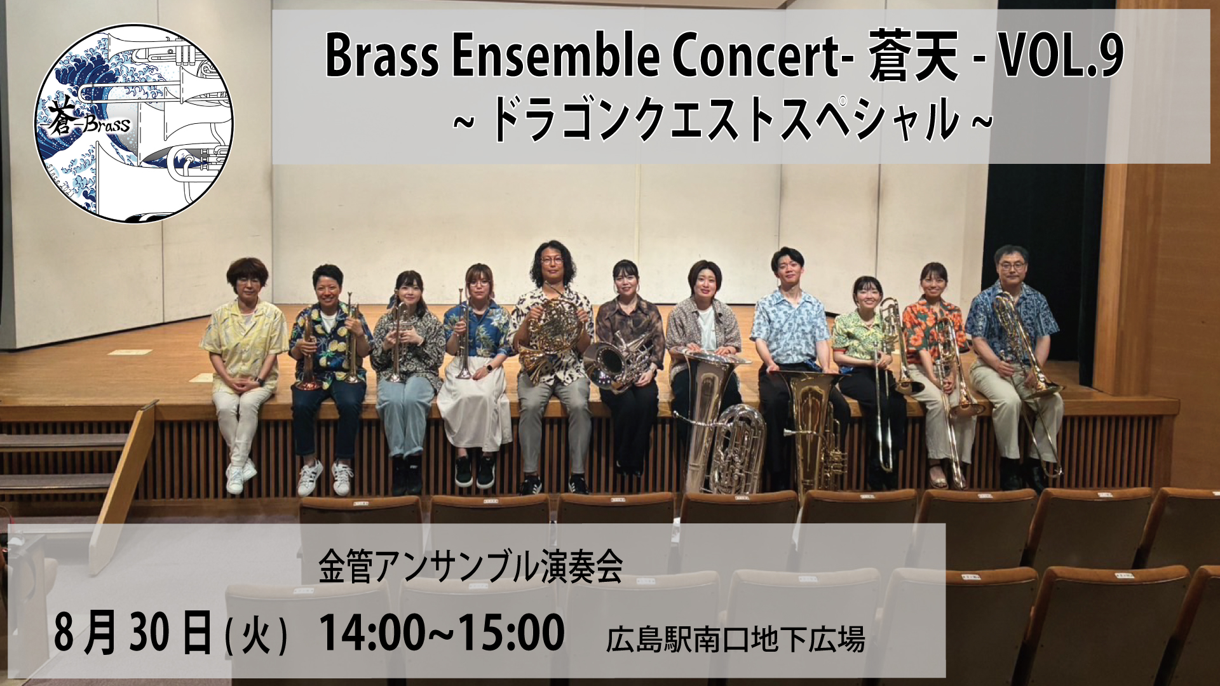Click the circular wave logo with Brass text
click(133, 124)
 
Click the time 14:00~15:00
click(442, 632)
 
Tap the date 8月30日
click(133, 632)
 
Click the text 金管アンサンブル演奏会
click(470, 567)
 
